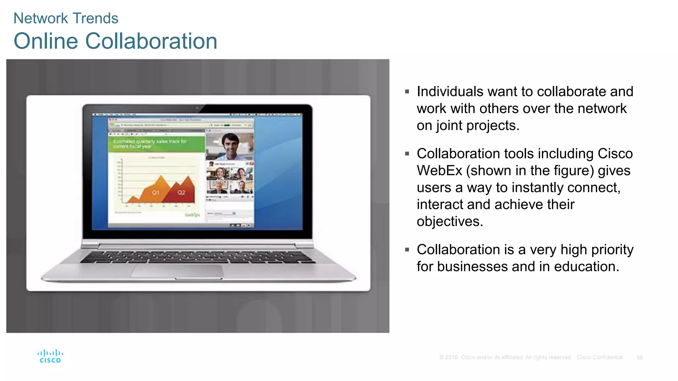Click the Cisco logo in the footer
click(50, 356)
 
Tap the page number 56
click(639, 358)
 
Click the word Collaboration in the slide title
click(151, 41)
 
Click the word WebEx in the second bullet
click(439, 171)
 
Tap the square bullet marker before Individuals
click(407, 92)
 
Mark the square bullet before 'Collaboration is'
click(407, 250)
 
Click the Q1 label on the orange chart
click(156, 192)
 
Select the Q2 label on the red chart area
click(181, 192)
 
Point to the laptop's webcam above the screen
click(197, 108)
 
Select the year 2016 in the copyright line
click(451, 358)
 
